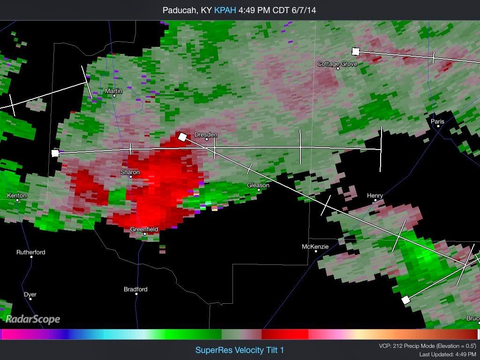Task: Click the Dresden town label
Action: click(206, 135)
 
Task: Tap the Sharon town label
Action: click(130, 172)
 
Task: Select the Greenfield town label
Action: click(144, 229)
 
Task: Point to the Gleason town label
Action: click(258, 185)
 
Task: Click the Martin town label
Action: click(113, 91)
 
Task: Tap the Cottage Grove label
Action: click(337, 64)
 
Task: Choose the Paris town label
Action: click(437, 121)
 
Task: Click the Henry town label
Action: click(375, 195)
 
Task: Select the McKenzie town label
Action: click(315, 247)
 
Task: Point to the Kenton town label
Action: click(17, 195)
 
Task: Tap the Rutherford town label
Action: click(31, 252)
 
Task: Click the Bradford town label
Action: click(135, 289)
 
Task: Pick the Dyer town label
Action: click(30, 294)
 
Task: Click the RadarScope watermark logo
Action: click(33, 319)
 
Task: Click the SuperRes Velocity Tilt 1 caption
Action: click(240, 350)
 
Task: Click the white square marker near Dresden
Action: click(182, 136)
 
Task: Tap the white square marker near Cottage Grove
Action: click(356, 52)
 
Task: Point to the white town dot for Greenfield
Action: click(145, 234)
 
